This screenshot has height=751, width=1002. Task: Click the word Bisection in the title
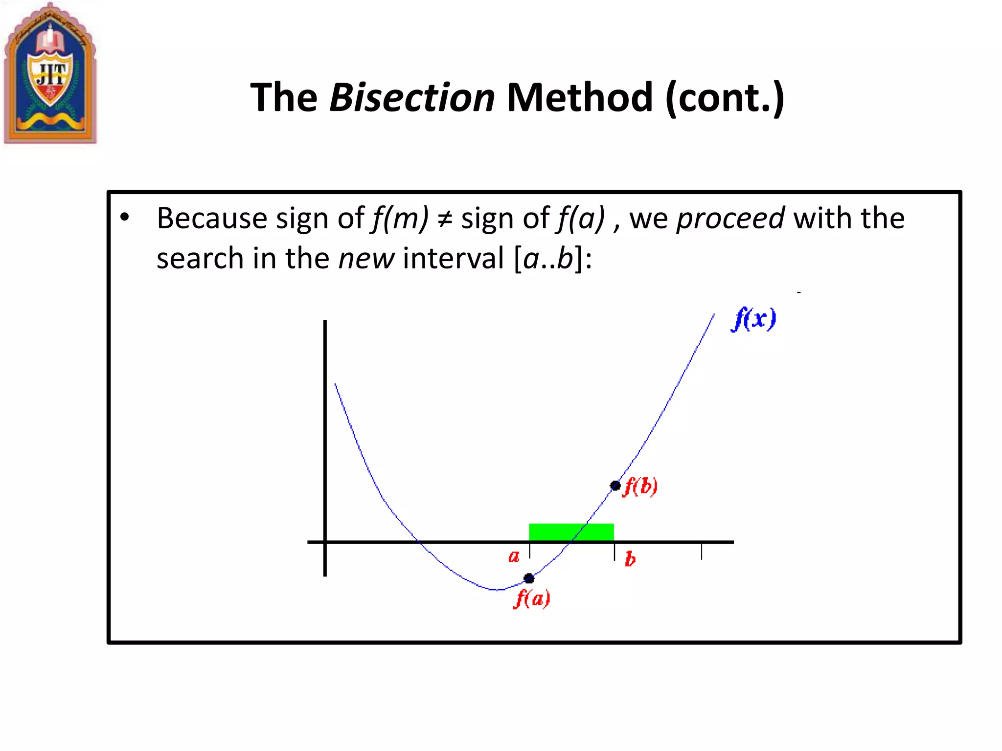point(412,97)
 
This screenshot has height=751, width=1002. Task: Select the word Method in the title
point(579,97)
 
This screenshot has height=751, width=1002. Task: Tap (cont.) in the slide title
point(725,98)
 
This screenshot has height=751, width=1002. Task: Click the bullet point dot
point(125,217)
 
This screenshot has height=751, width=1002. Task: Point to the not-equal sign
point(445,219)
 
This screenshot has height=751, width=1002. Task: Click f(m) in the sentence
point(400,218)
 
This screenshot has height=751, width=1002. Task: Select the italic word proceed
point(730,218)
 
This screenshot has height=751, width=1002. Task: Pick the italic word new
point(366,259)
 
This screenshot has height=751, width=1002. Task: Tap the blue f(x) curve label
point(753,319)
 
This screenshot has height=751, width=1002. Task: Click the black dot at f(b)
point(615,486)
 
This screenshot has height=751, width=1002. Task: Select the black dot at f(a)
point(529,578)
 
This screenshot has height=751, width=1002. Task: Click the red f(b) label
point(640,486)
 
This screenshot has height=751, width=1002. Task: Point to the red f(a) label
point(532,598)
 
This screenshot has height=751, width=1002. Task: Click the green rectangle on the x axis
point(571,532)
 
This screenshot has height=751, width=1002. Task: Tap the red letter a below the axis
point(514,556)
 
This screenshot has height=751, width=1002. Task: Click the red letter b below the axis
point(630,559)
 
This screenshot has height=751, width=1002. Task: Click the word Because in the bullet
point(211,218)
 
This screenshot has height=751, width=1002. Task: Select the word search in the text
point(200,259)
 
